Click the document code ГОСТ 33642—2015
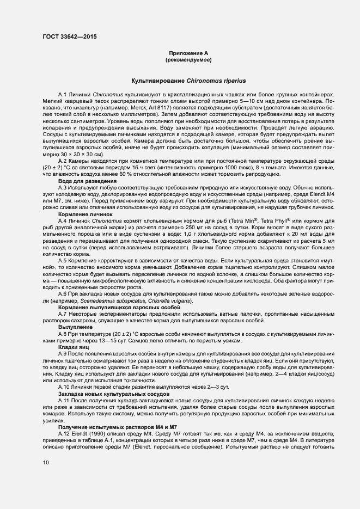click(72, 38)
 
